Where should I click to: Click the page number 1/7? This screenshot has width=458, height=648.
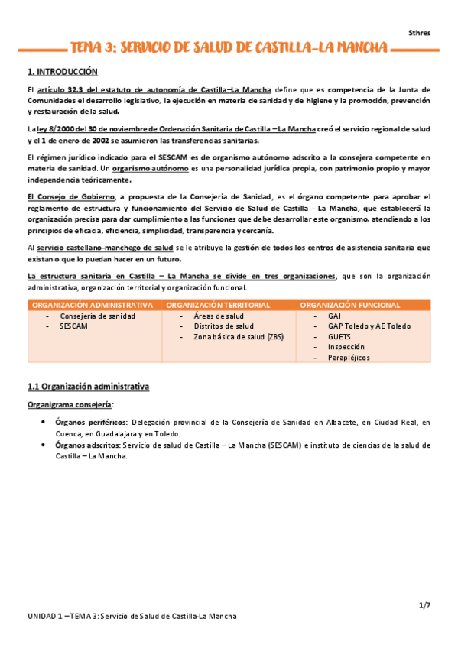coord(424,605)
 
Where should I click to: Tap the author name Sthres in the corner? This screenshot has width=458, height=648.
coord(419,32)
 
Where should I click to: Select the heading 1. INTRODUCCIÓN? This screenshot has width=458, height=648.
coord(63,72)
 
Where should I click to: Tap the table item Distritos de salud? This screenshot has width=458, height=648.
coord(223,326)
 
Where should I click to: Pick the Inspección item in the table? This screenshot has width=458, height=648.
coord(346,346)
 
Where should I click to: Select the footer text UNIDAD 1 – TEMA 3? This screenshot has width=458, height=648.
coord(63,616)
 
